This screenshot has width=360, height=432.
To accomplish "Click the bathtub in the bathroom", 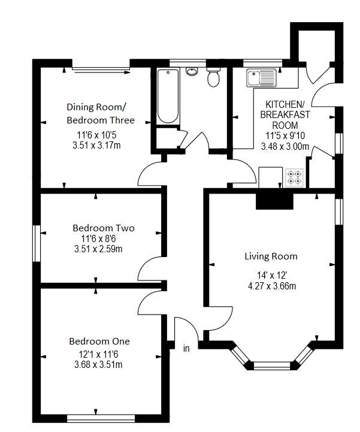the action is coord(168,96).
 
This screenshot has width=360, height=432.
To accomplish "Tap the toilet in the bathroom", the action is coord(213,77).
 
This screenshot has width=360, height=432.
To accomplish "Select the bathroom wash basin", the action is coord(192,72).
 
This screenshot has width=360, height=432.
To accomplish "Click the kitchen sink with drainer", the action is coord(262,78).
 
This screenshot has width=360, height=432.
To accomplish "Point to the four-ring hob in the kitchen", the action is coord(295,178).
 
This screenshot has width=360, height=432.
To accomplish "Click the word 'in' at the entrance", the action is coord(186,349).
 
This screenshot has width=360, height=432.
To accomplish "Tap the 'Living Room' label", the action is coord(271,256).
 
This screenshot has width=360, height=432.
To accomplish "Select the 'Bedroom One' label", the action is coord(99,342).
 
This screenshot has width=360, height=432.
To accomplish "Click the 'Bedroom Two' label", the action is coord(104,228).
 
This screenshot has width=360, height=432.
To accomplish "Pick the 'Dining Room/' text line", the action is coord(96,107).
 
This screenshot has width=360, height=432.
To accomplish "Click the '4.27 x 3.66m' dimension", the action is coord(272,286).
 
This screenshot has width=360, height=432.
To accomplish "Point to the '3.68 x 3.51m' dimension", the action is coord(98,364).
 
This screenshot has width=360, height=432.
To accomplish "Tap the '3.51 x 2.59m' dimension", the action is coord(98,249).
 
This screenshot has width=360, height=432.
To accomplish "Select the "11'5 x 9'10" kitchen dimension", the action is coord(285,136).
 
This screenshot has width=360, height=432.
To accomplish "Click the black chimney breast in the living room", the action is coord(274,201).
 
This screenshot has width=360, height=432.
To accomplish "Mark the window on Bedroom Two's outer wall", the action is coord(37,243).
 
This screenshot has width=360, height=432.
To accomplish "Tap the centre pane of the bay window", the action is coord(272,366).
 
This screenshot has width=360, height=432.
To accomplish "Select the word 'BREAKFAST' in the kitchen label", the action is coord(285,114).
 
